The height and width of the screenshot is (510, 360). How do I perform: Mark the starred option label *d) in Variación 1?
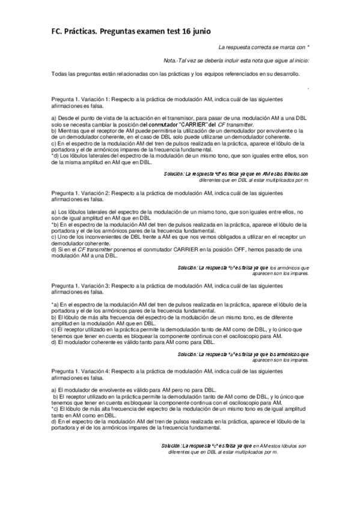click(55, 156)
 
